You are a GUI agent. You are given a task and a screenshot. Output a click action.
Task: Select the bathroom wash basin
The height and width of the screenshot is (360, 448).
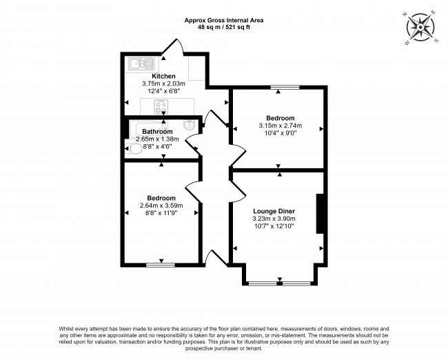(190, 125)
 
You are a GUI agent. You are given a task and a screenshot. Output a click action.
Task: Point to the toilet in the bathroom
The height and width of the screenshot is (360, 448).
(134, 148)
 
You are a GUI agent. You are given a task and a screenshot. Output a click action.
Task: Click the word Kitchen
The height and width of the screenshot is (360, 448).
(164, 76)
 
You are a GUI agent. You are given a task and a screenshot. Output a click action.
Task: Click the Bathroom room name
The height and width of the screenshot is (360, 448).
(157, 131)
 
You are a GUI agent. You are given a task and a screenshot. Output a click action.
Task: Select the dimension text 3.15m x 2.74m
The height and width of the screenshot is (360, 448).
(281, 126)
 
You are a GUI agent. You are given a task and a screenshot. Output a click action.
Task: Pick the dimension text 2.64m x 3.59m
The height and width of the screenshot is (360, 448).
(162, 206)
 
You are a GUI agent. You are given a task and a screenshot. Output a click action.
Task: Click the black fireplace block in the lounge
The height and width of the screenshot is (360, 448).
(319, 214)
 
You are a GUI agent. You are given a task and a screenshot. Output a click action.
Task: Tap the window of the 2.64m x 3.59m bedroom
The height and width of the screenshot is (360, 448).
(161, 264)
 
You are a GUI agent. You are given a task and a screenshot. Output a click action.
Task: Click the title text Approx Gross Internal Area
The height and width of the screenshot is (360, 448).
(223, 20)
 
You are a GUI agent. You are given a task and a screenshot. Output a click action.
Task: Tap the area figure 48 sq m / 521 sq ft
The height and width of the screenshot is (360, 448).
(223, 28)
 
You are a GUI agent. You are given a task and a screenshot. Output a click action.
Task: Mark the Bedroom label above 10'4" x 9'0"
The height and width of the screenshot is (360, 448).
(281, 118)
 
